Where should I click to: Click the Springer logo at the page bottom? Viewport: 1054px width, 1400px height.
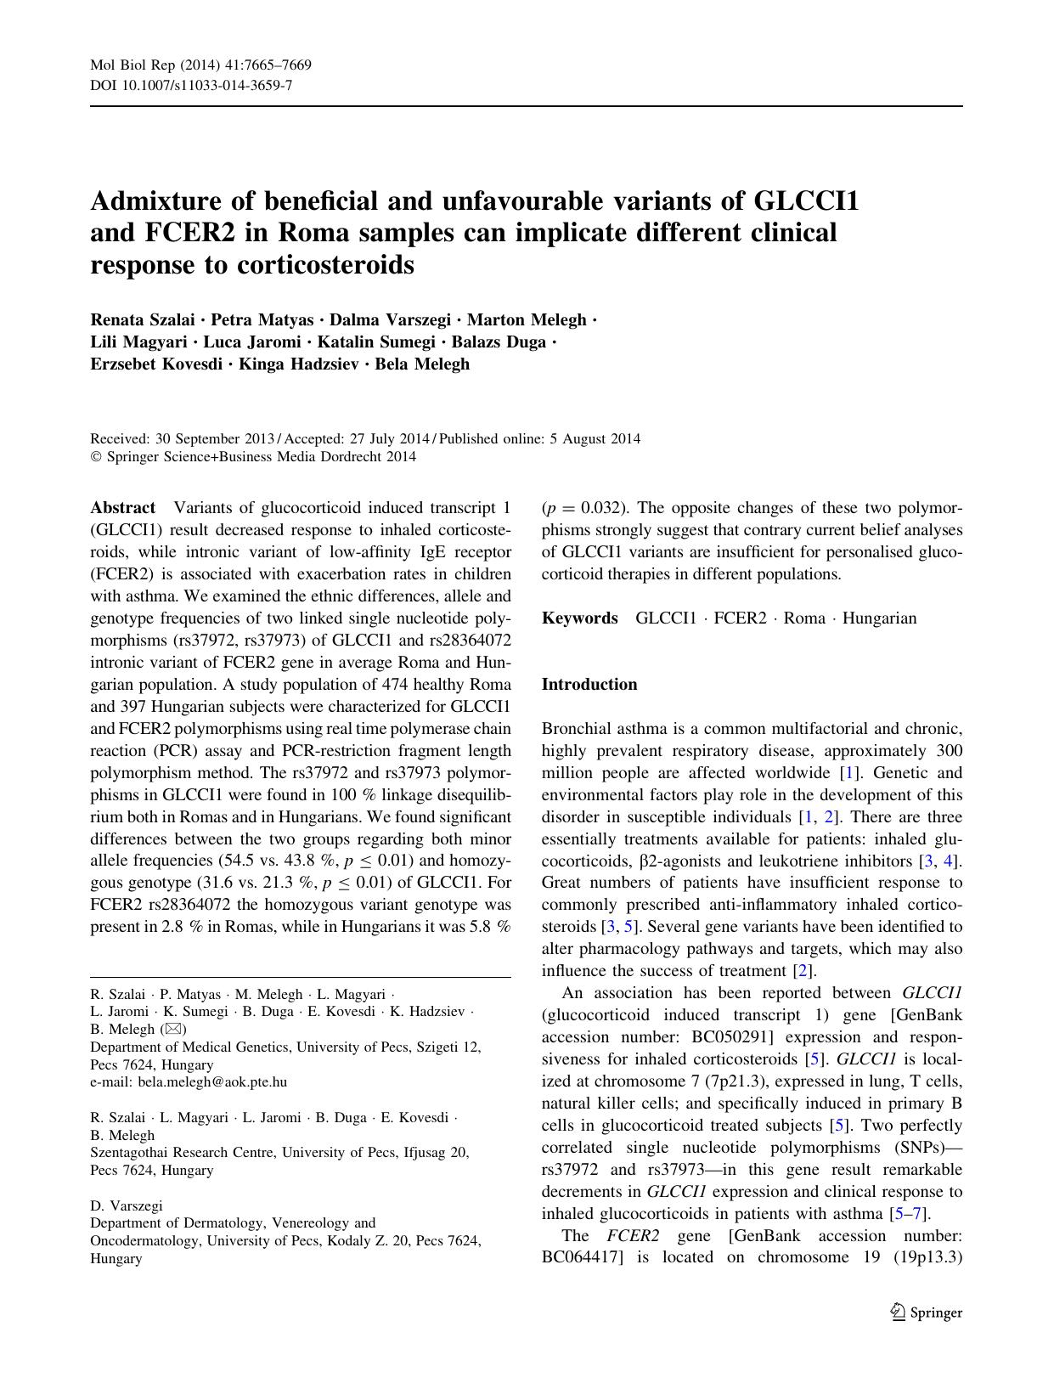(926, 1312)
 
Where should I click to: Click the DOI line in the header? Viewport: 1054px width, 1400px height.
(191, 85)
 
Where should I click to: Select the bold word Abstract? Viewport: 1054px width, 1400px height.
(122, 508)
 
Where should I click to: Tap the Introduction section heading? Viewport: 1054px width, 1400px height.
(589, 685)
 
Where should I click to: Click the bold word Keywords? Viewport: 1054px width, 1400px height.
(579, 618)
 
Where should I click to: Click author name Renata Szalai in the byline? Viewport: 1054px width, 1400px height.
(142, 320)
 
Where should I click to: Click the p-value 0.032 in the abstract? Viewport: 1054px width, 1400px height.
(601, 508)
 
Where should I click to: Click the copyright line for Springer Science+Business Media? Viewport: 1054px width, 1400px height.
(253, 457)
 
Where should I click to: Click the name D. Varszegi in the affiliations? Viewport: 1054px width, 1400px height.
(127, 1205)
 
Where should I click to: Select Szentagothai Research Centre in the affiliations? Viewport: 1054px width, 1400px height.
(174, 1153)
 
